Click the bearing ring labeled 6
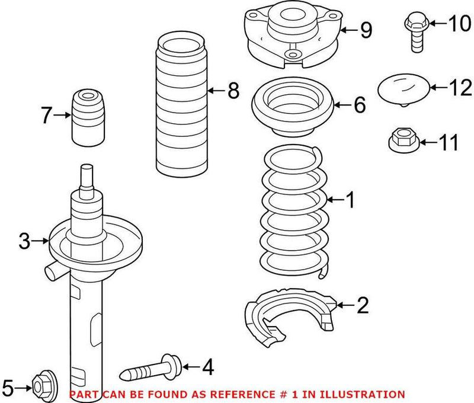293,105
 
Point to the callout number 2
362,306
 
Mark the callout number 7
47,116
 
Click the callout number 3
24,241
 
